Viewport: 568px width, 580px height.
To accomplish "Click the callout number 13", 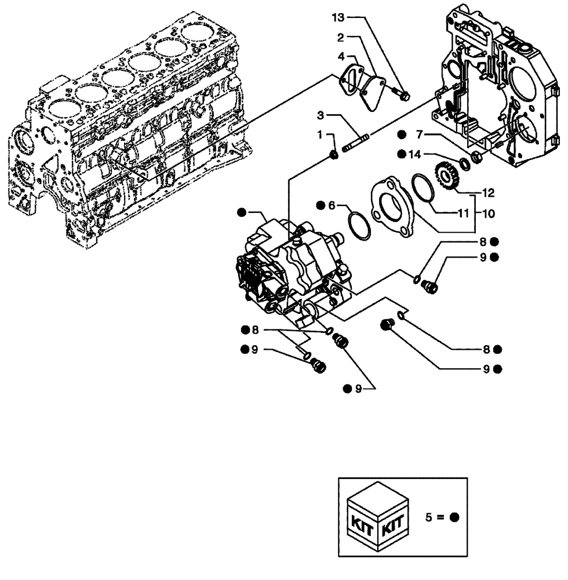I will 337,18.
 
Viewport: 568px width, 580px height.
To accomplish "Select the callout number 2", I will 341,37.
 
